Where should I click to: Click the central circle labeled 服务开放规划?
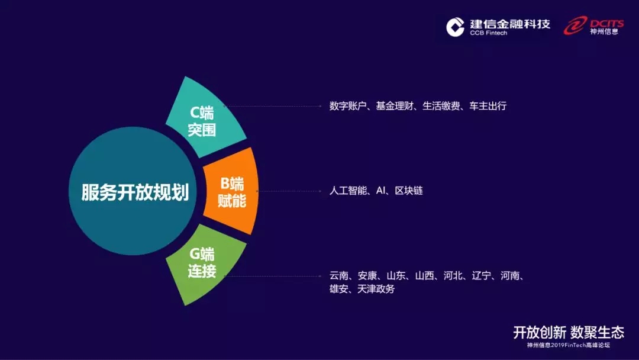click(133, 191)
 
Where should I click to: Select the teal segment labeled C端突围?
click(204, 120)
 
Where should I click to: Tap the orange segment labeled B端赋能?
click(231, 192)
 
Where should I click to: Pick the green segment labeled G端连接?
click(204, 263)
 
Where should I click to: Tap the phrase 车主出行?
click(488, 106)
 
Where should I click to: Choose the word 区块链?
click(409, 191)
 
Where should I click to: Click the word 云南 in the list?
click(339, 275)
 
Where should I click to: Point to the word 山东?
click(396, 275)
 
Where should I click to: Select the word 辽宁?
click(481, 275)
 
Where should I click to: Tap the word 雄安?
click(339, 289)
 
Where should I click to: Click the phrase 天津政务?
click(376, 289)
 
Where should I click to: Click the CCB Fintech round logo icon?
click(455, 27)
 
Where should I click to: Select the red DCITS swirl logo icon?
click(576, 25)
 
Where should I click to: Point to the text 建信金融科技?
click(510, 24)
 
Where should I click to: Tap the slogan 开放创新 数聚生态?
click(569, 332)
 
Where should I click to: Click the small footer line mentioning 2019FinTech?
click(569, 345)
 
